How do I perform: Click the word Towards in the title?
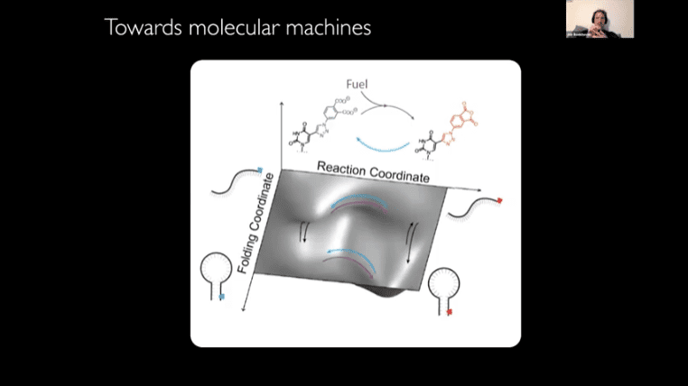pos(135,28)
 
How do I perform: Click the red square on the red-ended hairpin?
pos(449,311)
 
